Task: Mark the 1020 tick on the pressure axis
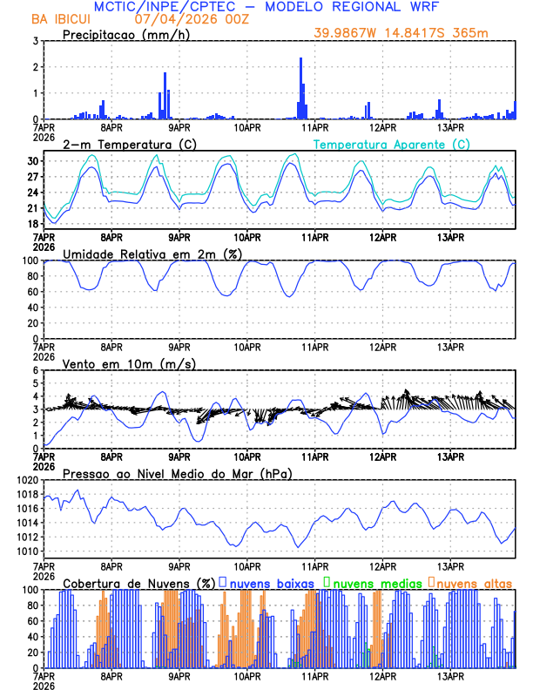pyautogui.click(x=26, y=480)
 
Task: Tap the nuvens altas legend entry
pyautogui.click(x=471, y=582)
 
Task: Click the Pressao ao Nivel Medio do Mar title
pyautogui.click(x=177, y=473)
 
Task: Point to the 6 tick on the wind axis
pyautogui.click(x=36, y=370)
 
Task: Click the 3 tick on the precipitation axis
pyautogui.click(x=35, y=41)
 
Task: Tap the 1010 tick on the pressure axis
pyautogui.click(x=26, y=551)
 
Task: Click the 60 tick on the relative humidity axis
pyautogui.click(x=30, y=292)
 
